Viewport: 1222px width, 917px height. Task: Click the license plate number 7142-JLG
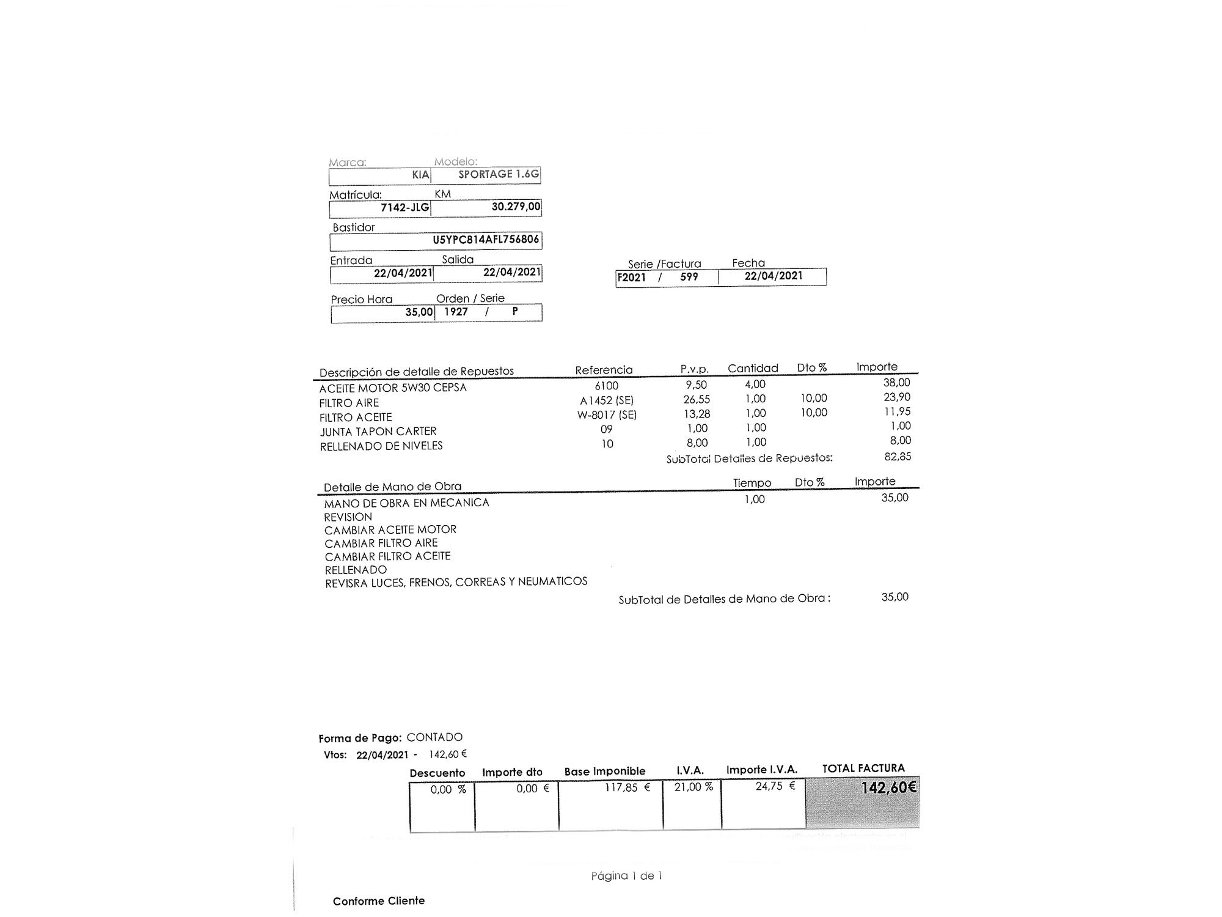[x=404, y=207]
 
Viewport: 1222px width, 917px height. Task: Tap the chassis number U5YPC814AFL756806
[x=486, y=240]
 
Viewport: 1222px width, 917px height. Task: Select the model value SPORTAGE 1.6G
[x=499, y=174]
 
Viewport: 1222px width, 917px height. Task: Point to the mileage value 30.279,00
[x=516, y=207]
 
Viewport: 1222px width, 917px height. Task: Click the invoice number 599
[x=689, y=277]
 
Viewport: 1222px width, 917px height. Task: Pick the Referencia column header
[x=604, y=370]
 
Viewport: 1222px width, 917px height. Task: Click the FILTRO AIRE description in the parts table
[x=349, y=403]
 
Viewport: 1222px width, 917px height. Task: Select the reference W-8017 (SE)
[x=607, y=415]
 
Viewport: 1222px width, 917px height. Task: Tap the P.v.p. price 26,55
[x=697, y=399]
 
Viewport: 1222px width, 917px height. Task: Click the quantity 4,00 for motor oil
[x=755, y=384]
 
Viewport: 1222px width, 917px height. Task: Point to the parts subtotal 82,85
[x=898, y=457]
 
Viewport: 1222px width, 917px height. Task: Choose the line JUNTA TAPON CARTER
[x=378, y=432]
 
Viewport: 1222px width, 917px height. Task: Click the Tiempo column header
[x=752, y=483]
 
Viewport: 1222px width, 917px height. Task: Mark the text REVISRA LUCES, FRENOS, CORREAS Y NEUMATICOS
[x=456, y=582]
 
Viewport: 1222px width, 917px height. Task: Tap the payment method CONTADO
[x=434, y=737]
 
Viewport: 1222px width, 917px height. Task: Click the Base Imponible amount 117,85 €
[x=627, y=787]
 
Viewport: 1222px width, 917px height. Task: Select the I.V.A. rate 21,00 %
[x=693, y=787]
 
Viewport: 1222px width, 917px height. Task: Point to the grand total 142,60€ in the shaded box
[x=888, y=787]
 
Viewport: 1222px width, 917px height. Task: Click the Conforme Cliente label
[x=379, y=901]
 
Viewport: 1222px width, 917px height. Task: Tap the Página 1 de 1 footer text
[x=626, y=876]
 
